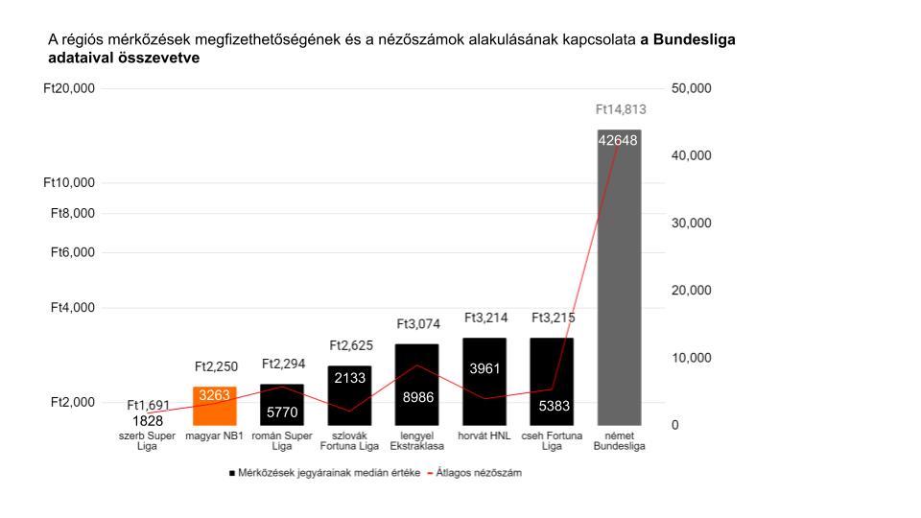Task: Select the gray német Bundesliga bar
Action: (x=619, y=288)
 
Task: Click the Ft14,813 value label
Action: (x=620, y=109)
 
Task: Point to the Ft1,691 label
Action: (x=148, y=405)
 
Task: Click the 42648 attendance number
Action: (x=619, y=140)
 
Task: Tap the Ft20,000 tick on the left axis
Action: (x=70, y=88)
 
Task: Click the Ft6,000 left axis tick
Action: (x=73, y=252)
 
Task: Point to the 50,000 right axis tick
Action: (x=691, y=88)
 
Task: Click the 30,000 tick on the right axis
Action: (x=691, y=223)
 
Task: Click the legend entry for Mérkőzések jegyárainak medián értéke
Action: (x=329, y=473)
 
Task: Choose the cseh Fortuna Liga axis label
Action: (x=552, y=440)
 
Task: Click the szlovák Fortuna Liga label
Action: (x=349, y=440)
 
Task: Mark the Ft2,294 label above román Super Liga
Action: (x=282, y=365)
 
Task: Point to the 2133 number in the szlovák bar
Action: (x=349, y=378)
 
